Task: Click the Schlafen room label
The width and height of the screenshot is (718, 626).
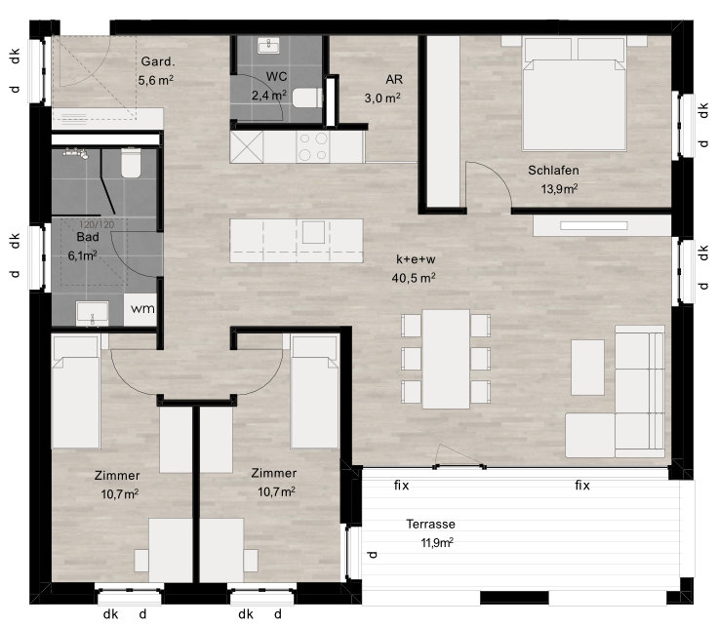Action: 553,171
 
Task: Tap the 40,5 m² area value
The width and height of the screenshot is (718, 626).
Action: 414,277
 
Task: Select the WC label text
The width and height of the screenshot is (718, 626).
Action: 276,76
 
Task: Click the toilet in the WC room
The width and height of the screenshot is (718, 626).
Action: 307,98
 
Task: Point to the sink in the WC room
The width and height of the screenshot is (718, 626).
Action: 269,46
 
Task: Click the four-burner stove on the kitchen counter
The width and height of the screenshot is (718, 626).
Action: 313,147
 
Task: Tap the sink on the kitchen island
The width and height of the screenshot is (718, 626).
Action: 313,232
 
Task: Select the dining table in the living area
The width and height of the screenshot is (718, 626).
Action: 446,359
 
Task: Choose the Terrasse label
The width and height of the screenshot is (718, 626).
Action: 430,524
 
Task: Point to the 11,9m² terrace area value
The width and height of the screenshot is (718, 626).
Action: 437,543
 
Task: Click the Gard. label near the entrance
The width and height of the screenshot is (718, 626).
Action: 157,61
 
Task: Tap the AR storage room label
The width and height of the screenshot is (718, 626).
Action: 394,79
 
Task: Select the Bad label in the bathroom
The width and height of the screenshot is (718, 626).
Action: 88,237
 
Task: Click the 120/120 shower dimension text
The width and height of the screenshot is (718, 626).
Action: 97,224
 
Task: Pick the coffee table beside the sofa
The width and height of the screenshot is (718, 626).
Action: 587,367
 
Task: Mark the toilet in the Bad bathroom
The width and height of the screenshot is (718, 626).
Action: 131,163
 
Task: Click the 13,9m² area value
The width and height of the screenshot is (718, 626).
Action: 559,188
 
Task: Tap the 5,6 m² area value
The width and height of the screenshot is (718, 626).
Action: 156,80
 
